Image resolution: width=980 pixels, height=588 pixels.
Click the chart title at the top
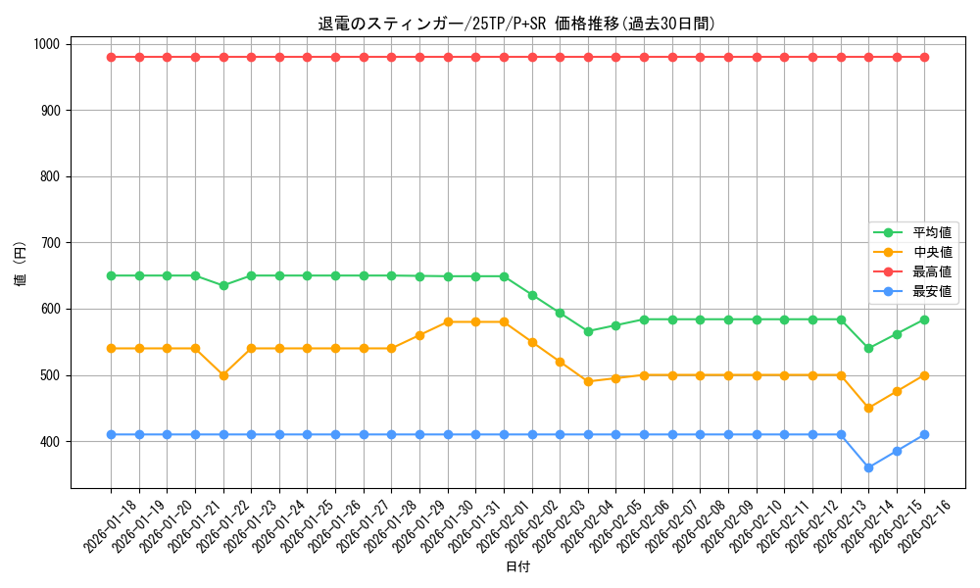point(516,24)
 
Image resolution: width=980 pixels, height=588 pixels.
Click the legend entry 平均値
point(931,232)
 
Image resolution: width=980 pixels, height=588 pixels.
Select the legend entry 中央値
point(931,252)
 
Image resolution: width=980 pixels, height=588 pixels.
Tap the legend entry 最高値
point(931,271)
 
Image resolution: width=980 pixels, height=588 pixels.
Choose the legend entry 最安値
point(931,291)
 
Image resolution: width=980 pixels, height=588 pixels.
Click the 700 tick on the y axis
point(51,243)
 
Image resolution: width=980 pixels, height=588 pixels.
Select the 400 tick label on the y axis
point(51,442)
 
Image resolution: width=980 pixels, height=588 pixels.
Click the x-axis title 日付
point(517,567)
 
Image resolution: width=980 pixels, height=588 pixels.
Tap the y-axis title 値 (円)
point(21,265)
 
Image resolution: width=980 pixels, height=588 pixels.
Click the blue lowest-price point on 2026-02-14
point(868,467)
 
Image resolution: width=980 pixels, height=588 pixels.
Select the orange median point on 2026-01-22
point(223,375)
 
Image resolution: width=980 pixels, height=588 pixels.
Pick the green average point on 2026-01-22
point(223,285)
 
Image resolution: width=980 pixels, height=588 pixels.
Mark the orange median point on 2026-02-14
point(868,408)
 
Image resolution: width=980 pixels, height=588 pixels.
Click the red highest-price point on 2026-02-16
point(924,57)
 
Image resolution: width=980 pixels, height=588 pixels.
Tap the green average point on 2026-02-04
point(588,331)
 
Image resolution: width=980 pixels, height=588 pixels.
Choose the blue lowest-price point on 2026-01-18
point(111,434)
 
